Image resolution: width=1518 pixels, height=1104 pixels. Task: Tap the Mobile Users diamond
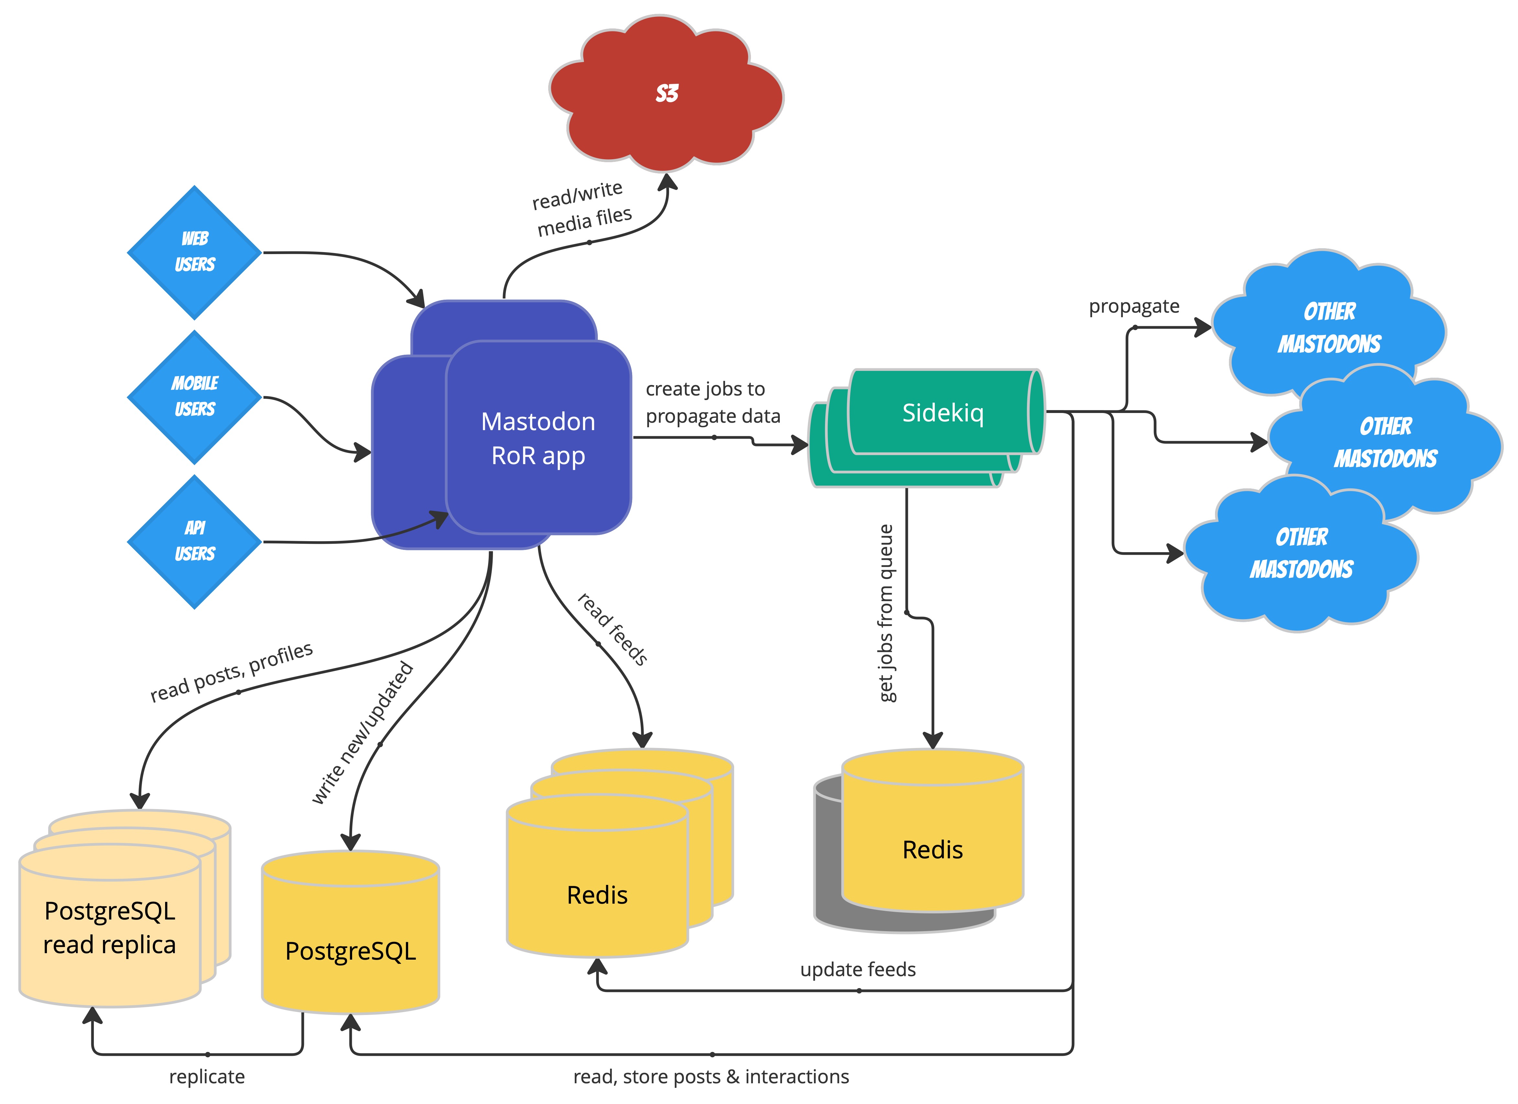pyautogui.click(x=194, y=396)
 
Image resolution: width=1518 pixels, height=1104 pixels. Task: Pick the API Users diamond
pyautogui.click(x=194, y=541)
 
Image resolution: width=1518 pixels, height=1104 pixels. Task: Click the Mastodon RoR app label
pyautogui.click(x=538, y=439)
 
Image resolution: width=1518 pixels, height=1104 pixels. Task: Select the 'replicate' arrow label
pyautogui.click(x=207, y=1076)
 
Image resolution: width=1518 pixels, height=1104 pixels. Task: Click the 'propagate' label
pyautogui.click(x=1134, y=307)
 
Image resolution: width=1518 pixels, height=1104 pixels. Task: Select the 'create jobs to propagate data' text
pyautogui.click(x=712, y=402)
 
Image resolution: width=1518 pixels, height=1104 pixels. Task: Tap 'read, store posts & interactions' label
pyautogui.click(x=711, y=1076)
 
